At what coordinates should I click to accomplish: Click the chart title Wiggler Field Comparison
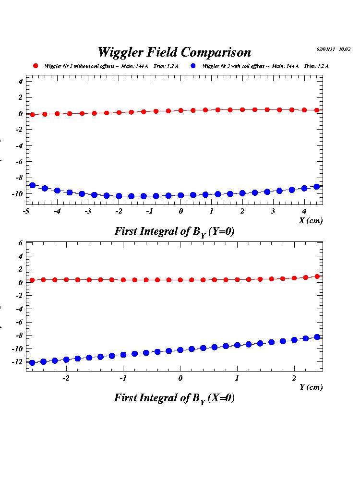pyautogui.click(x=174, y=52)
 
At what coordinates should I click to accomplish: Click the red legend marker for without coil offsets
pyautogui.click(x=35, y=66)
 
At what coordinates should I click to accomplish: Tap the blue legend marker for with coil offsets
pyautogui.click(x=193, y=66)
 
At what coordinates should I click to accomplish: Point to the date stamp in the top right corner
pyautogui.click(x=333, y=49)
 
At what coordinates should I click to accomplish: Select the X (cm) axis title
pyautogui.click(x=311, y=220)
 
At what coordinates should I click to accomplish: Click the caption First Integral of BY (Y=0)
pyautogui.click(x=174, y=231)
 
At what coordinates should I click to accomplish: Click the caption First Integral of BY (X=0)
pyautogui.click(x=174, y=398)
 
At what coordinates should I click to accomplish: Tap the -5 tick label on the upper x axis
pyautogui.click(x=26, y=211)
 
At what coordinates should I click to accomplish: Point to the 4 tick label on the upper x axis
pyautogui.click(x=304, y=211)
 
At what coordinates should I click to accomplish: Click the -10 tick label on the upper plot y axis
pyautogui.click(x=17, y=193)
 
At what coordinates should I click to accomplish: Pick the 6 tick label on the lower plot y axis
pyautogui.click(x=21, y=243)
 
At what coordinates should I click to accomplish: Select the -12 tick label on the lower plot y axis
pyautogui.click(x=17, y=361)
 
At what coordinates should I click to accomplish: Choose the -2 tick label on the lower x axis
pyautogui.click(x=66, y=378)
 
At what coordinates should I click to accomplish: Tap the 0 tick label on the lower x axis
pyautogui.click(x=180, y=378)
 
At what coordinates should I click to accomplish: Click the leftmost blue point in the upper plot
pyautogui.click(x=33, y=185)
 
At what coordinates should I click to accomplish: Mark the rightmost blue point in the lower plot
pyautogui.click(x=317, y=337)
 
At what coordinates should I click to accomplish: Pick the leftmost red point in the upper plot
pyautogui.click(x=33, y=115)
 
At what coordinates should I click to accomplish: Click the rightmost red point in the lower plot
pyautogui.click(x=317, y=276)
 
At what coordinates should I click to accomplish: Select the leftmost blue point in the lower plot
pyautogui.click(x=32, y=363)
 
